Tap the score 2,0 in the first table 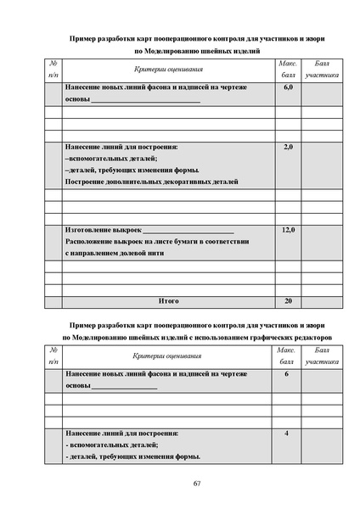pyautogui.click(x=287, y=147)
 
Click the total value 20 pyautogui.click(x=287, y=300)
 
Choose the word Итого pyautogui.click(x=168, y=300)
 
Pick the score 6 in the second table pyautogui.click(x=286, y=374)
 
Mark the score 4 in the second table pyautogui.click(x=286, y=433)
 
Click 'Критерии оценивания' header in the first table pyautogui.click(x=168, y=69)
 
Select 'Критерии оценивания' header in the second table pyautogui.click(x=168, y=355)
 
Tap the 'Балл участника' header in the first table pyautogui.click(x=321, y=69)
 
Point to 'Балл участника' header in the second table pyautogui.click(x=321, y=355)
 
